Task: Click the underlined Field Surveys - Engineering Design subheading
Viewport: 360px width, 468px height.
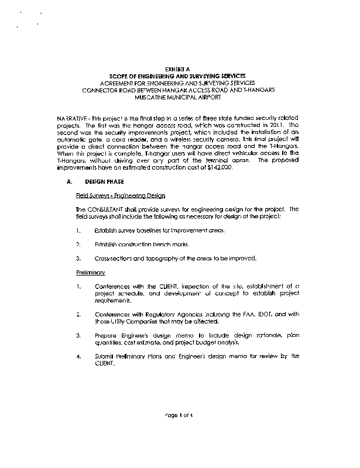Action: (121, 195)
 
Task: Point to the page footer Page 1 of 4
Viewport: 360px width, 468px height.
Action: (179, 415)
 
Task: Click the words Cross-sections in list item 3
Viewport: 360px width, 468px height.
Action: (114, 258)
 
